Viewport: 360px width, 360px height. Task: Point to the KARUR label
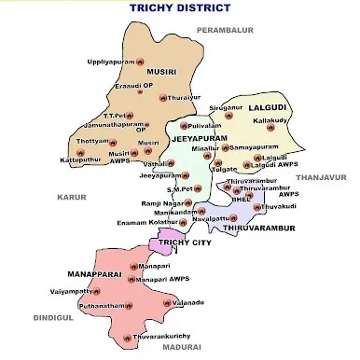pyautogui.click(x=71, y=198)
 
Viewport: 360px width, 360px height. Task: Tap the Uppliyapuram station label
pyautogui.click(x=110, y=62)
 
